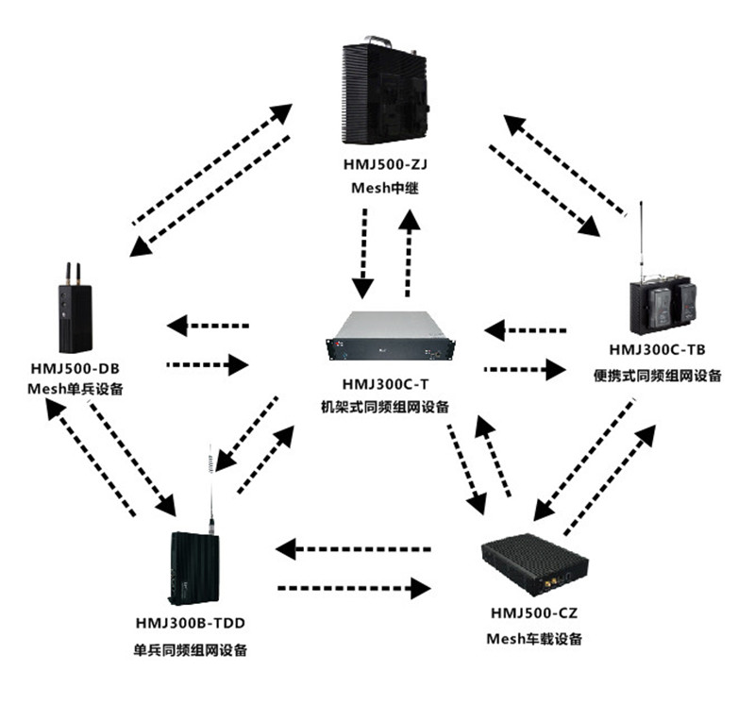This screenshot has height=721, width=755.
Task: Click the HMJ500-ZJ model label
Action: (378, 165)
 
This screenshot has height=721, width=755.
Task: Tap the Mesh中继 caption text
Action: (378, 189)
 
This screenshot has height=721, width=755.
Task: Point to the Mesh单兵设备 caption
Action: (75, 389)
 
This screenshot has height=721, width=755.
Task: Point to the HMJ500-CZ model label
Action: (533, 613)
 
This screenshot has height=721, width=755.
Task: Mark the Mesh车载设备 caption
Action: (534, 639)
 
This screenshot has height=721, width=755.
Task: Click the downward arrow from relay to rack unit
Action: (362, 250)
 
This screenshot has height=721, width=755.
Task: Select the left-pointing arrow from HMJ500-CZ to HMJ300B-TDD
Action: (354, 548)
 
